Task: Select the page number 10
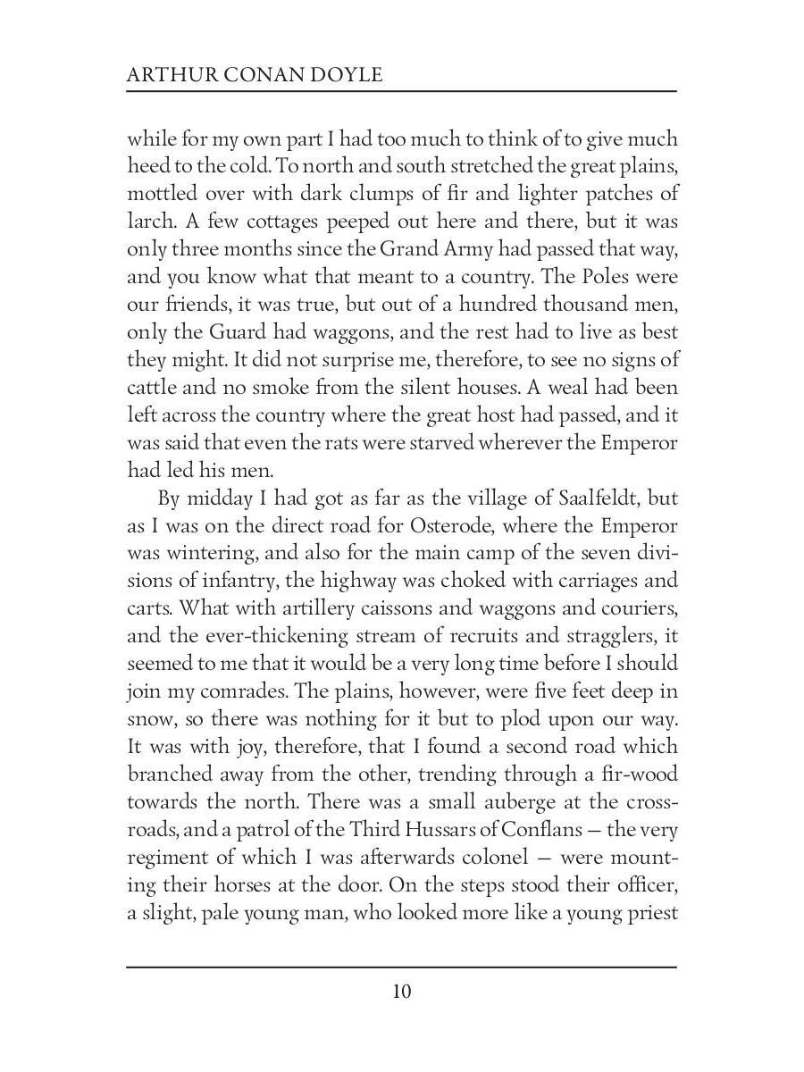pyautogui.click(x=401, y=992)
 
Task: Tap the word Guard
pyautogui.click(x=237, y=332)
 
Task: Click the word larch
pyautogui.click(x=148, y=222)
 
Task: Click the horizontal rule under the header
pyautogui.click(x=401, y=91)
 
